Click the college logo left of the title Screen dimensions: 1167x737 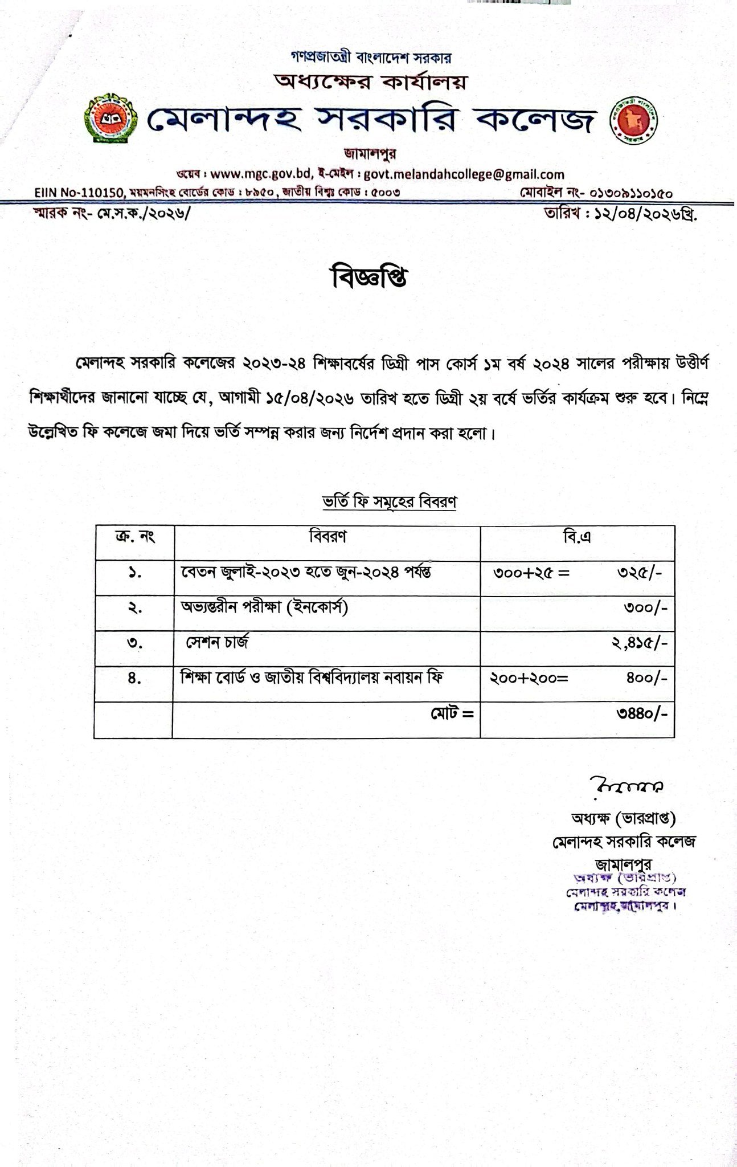(x=110, y=120)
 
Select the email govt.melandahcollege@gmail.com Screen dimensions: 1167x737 (x=464, y=174)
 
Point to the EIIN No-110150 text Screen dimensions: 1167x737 (x=78, y=193)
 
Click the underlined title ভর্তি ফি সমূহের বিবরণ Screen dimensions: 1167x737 (x=390, y=502)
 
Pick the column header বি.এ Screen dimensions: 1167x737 (x=577, y=537)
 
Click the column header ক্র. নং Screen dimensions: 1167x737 (x=134, y=537)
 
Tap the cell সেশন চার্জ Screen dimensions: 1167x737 (x=218, y=643)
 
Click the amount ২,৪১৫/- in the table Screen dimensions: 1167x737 (x=639, y=644)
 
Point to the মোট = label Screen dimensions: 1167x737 (x=452, y=713)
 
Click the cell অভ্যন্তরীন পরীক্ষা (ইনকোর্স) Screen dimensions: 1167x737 (x=264, y=608)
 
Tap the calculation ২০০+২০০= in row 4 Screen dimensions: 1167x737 (x=529, y=679)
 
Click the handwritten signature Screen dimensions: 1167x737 (x=625, y=786)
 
